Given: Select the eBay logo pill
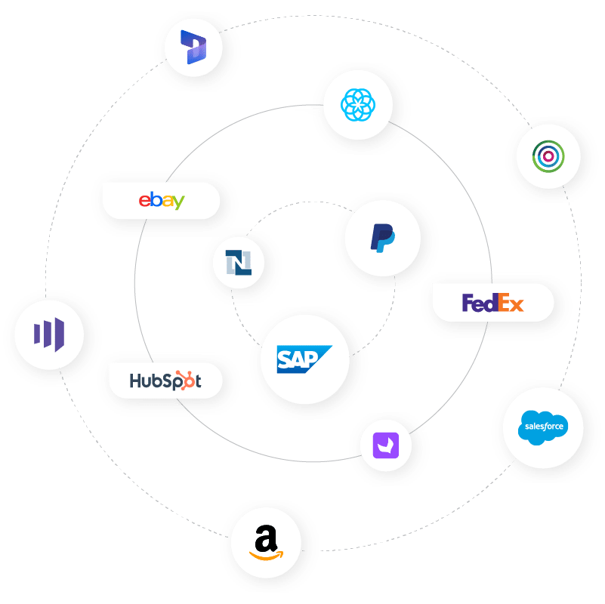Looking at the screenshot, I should pyautogui.click(x=162, y=201).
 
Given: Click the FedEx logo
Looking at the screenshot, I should pyautogui.click(x=492, y=303).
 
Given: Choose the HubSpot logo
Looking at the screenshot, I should pyautogui.click(x=165, y=380).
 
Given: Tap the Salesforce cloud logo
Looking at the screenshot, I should pyautogui.click(x=543, y=426).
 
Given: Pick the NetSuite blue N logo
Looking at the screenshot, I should pyautogui.click(x=239, y=263).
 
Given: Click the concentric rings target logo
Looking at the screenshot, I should pyautogui.click(x=548, y=157).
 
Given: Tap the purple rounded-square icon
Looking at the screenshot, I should pyautogui.click(x=392, y=445).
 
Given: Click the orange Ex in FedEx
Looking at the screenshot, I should pyautogui.click(x=509, y=304).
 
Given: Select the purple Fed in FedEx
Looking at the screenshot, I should pyautogui.click(x=478, y=303).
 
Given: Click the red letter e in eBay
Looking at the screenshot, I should pyautogui.click(x=144, y=202).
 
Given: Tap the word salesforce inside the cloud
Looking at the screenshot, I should pyautogui.click(x=543, y=427).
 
